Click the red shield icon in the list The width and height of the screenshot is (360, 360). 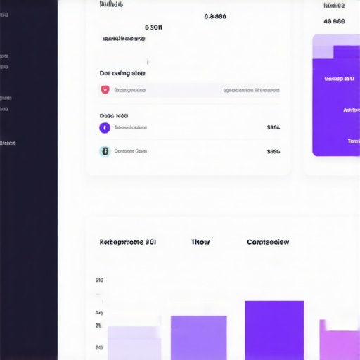tap(105, 90)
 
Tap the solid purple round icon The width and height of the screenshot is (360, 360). tap(105, 128)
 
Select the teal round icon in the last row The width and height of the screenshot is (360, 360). tap(105, 151)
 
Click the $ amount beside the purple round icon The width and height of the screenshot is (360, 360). tap(274, 128)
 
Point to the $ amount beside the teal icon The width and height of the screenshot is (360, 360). tap(274, 151)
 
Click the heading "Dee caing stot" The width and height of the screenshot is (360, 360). tap(122, 73)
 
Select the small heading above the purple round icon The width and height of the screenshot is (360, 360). tap(114, 115)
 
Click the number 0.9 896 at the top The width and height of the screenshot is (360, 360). tap(215, 16)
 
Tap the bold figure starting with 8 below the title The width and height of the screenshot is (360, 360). tap(153, 27)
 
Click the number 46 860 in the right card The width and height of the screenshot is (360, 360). tap(334, 21)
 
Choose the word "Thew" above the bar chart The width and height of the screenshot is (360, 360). tap(200, 242)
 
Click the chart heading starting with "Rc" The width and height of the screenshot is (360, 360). tap(128, 242)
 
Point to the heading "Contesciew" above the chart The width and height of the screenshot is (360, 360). tap(268, 242)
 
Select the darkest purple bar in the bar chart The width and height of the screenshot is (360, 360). tap(274, 330)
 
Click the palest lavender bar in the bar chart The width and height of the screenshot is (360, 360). tap(134, 343)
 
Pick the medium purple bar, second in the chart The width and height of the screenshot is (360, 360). tap(199, 338)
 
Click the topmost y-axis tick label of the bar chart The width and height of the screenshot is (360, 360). tap(99, 281)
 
